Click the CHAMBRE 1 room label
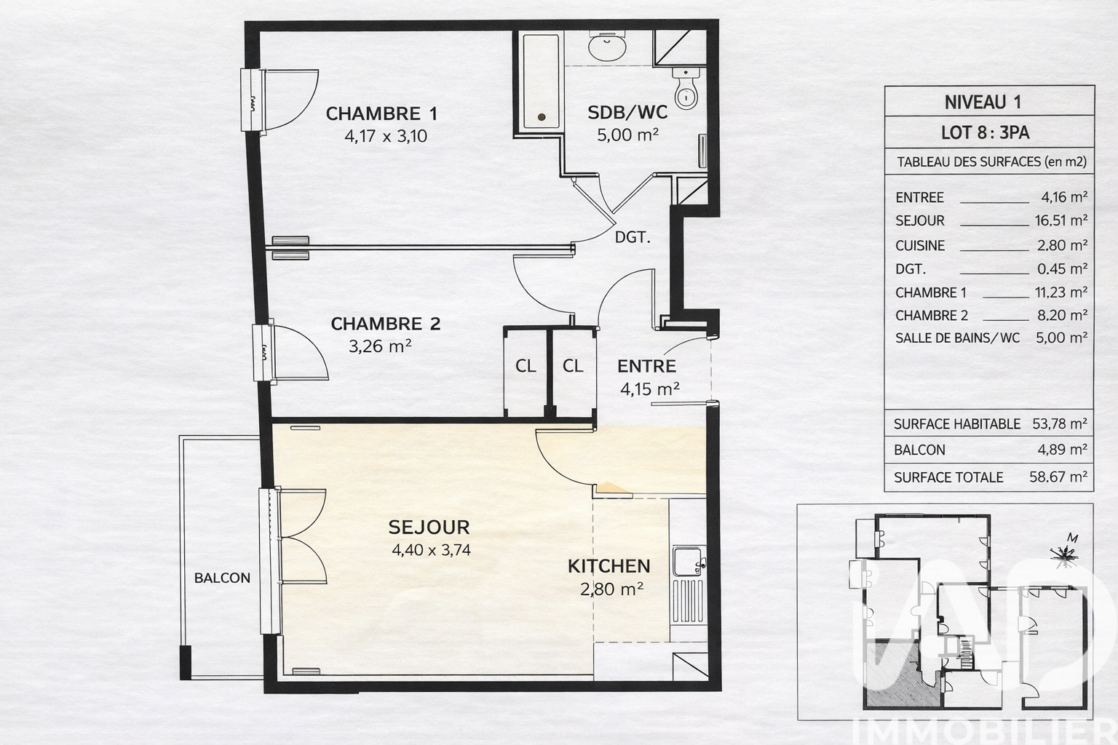(x=381, y=113)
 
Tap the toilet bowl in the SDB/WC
(x=687, y=95)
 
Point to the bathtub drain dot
(x=542, y=117)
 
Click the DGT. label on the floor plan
(x=633, y=237)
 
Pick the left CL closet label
(x=526, y=366)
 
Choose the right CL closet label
(x=573, y=366)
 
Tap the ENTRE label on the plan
(x=647, y=366)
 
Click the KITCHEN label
(x=609, y=566)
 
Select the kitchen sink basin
(x=687, y=562)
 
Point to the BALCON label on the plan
(x=222, y=578)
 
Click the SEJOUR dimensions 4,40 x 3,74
(x=431, y=550)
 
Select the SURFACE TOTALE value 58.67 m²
(x=1058, y=477)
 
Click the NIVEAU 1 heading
(x=983, y=103)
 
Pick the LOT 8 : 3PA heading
(x=986, y=132)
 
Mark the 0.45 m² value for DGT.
(x=1063, y=269)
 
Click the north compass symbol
(x=1063, y=553)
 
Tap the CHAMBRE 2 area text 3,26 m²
(x=380, y=346)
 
